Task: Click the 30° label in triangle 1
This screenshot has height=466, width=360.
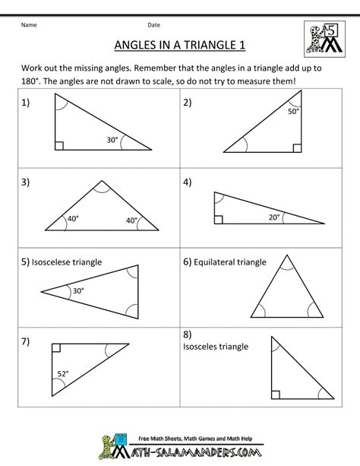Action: [x=112, y=139]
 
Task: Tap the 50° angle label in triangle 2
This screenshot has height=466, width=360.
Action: [x=292, y=112]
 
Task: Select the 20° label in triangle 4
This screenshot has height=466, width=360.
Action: [x=273, y=217]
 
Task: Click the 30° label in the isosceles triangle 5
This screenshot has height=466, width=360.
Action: [x=79, y=290]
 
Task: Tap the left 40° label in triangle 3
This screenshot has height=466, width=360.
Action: [x=73, y=220]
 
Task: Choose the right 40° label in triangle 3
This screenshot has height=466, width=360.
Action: [x=131, y=220]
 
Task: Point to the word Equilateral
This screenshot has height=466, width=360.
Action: [x=217, y=262]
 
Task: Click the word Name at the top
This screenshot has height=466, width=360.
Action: [x=30, y=23]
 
